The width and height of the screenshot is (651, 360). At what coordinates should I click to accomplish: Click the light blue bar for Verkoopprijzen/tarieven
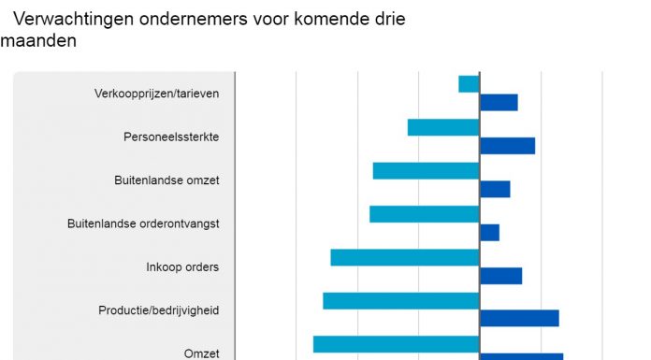point(469,84)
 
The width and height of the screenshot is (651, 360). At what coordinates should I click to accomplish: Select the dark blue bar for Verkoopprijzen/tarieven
point(499,103)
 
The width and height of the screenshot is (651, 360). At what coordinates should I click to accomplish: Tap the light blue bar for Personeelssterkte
point(443,127)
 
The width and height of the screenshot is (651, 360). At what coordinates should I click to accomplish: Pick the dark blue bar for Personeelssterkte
point(507,146)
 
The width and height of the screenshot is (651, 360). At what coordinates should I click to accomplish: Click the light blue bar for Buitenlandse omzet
point(426,171)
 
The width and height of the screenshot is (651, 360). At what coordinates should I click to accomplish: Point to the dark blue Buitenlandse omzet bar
point(495,189)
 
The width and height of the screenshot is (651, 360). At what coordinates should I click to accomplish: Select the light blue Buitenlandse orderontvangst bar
point(424,214)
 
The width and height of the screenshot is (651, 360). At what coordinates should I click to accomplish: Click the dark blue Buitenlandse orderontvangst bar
point(489,232)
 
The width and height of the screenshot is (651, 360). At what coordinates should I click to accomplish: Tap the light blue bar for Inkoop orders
point(404,257)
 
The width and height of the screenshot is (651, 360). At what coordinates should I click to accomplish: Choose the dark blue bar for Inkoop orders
point(500,276)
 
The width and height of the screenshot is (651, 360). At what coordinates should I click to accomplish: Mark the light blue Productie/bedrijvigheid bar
point(400,301)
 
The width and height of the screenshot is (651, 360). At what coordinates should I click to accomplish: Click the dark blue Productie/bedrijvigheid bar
point(519,319)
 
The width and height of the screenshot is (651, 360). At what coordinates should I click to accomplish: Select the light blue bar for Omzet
point(396,344)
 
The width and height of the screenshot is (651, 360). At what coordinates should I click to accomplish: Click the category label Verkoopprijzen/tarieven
point(157,94)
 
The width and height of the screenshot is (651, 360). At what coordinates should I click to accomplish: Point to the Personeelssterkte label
point(171,137)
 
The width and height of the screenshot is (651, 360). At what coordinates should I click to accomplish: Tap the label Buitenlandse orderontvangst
point(143,224)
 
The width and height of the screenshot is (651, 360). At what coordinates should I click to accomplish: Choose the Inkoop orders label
point(182,267)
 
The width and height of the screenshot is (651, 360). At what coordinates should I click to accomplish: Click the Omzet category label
point(201,353)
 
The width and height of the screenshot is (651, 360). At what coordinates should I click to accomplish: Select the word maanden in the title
point(38,42)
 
